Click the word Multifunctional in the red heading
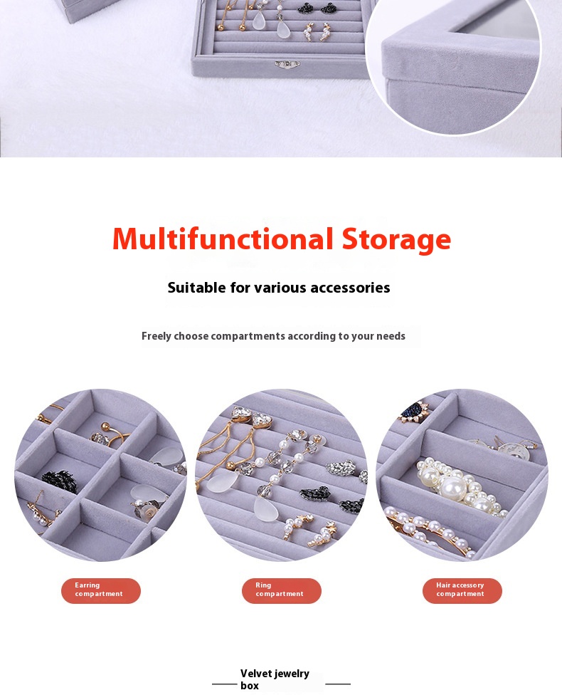point(223,239)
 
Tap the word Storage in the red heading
point(396,240)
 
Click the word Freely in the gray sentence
point(157,336)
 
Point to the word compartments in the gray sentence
point(248,336)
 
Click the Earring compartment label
point(101,591)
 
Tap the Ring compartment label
point(282,591)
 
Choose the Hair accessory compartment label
point(462,591)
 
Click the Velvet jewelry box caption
point(275,679)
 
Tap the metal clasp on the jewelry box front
point(287,65)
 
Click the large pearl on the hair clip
point(452,488)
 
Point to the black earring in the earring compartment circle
point(59,481)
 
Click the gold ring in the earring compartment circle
point(109,435)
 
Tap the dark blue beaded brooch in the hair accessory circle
point(413,412)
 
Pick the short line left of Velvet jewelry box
point(225,684)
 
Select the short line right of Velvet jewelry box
point(338,684)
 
